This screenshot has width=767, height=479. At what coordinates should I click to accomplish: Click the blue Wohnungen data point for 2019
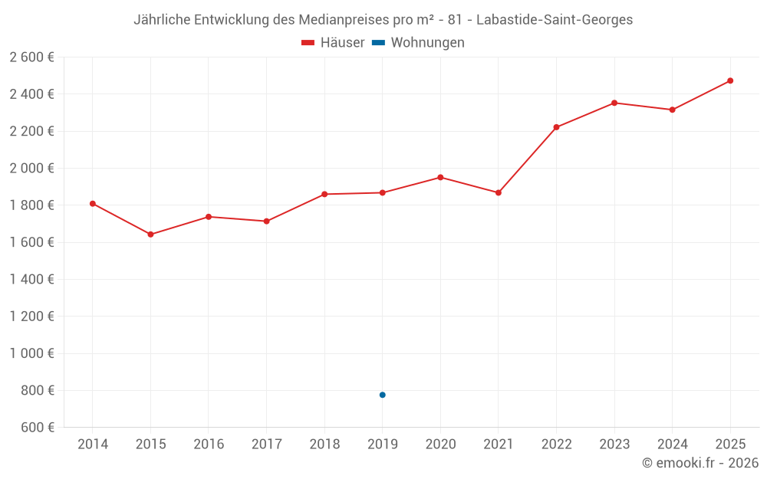pyautogui.click(x=383, y=395)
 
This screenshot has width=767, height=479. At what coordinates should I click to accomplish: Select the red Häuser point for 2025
pyautogui.click(x=730, y=80)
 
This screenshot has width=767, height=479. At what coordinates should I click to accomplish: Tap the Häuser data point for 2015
pyautogui.click(x=150, y=235)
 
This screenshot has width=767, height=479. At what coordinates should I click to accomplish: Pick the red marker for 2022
pyautogui.click(x=556, y=127)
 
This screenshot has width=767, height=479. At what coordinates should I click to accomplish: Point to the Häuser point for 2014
pyautogui.click(x=93, y=204)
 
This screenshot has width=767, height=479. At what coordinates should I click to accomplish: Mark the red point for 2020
pyautogui.click(x=440, y=178)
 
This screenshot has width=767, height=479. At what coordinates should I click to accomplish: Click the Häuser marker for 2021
pyautogui.click(x=499, y=193)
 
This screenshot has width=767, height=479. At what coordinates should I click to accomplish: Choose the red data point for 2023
pyautogui.click(x=614, y=103)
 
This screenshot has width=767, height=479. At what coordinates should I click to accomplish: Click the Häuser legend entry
pyautogui.click(x=333, y=42)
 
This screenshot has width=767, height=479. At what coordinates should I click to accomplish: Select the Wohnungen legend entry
pyautogui.click(x=418, y=42)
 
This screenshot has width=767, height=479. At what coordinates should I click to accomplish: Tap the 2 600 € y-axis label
pyautogui.click(x=31, y=57)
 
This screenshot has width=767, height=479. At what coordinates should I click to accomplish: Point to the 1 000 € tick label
pyautogui.click(x=31, y=353)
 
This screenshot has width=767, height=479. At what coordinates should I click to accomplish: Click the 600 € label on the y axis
pyautogui.click(x=38, y=428)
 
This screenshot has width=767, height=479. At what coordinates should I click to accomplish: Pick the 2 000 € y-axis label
pyautogui.click(x=31, y=168)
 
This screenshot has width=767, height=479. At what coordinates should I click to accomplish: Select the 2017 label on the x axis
pyautogui.click(x=267, y=445)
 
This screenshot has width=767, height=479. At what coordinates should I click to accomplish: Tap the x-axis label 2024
pyautogui.click(x=672, y=445)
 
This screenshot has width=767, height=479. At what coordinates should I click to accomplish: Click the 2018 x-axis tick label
pyautogui.click(x=324, y=445)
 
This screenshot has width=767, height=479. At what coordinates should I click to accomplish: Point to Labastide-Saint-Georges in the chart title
pyautogui.click(x=555, y=20)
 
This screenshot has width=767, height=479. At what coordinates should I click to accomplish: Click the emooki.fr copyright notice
pyautogui.click(x=700, y=463)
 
